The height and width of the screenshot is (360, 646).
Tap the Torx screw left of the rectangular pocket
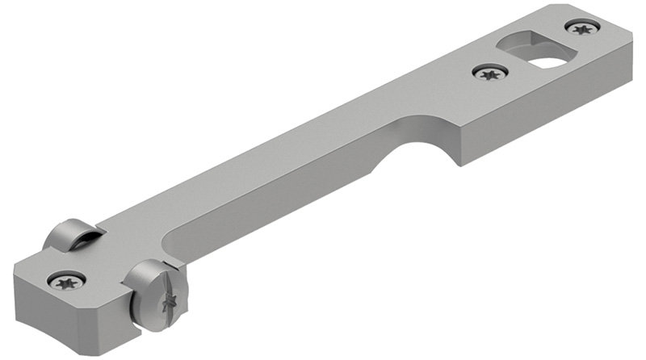[x=489, y=74]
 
